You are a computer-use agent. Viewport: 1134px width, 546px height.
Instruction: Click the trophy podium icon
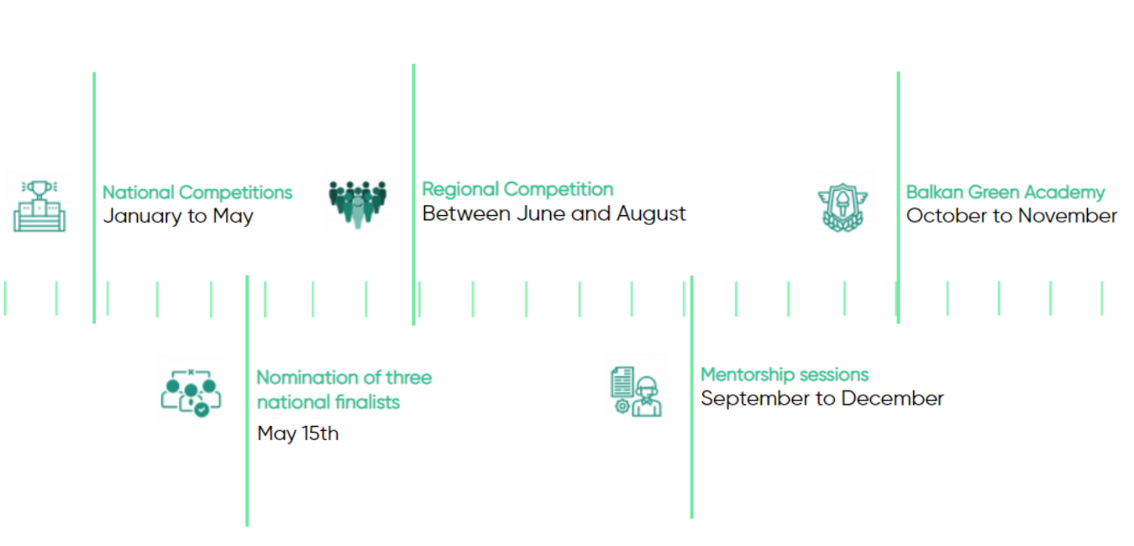pos(39,206)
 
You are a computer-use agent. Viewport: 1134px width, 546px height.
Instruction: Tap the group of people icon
pos(357,203)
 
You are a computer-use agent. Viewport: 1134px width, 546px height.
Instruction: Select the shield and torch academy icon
pos(843,207)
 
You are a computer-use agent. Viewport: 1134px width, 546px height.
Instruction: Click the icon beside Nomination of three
pos(191,393)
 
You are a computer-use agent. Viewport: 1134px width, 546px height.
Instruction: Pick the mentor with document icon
pos(636,391)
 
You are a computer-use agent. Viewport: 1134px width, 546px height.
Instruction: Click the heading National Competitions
pos(197,192)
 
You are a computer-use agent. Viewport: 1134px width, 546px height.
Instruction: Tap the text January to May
pos(178,216)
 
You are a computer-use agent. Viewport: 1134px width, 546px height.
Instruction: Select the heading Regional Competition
pos(517,189)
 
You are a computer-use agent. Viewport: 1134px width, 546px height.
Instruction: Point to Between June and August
pos(554,213)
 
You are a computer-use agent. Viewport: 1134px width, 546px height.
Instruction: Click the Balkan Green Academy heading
pos(1005,192)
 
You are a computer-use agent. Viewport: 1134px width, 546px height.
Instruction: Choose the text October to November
pos(1011,216)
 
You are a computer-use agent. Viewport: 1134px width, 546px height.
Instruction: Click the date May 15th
pos(297,433)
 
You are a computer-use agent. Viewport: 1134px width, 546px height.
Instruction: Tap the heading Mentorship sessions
pos(785,375)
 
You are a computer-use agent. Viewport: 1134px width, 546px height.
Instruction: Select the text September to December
pos(822,398)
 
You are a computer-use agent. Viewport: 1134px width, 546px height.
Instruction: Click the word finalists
pos(368,402)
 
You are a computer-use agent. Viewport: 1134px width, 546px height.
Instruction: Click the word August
pos(651,214)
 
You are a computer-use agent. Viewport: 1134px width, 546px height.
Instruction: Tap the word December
pos(892,398)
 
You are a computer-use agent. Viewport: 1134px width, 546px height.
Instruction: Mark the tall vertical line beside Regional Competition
pos(413,194)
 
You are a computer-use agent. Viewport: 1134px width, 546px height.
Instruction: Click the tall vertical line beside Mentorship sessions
pos(692,397)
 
